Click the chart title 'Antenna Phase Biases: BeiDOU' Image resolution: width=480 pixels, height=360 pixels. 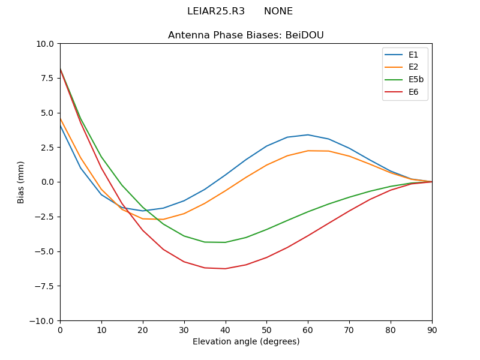coord(246,35)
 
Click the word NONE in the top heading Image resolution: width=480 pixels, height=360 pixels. coord(278,11)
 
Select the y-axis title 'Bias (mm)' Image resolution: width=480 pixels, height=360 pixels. coord(21,182)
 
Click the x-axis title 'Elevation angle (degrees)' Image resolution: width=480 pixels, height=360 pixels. coord(246,342)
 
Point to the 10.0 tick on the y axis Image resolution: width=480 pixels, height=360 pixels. coord(46,44)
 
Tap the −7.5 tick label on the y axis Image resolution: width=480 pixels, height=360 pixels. coord(43,286)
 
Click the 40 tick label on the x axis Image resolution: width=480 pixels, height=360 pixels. coord(226,329)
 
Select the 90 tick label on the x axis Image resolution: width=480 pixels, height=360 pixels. coord(432,329)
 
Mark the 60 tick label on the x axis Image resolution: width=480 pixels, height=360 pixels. coord(308,329)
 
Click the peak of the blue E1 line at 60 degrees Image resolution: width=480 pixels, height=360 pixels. coord(308,135)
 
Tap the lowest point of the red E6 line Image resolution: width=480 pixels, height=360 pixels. coord(225,269)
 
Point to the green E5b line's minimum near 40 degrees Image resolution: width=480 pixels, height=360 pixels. coord(225,242)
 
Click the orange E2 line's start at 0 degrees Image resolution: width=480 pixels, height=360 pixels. coord(60,118)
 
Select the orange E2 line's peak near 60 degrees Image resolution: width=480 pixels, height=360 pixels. coord(308,151)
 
